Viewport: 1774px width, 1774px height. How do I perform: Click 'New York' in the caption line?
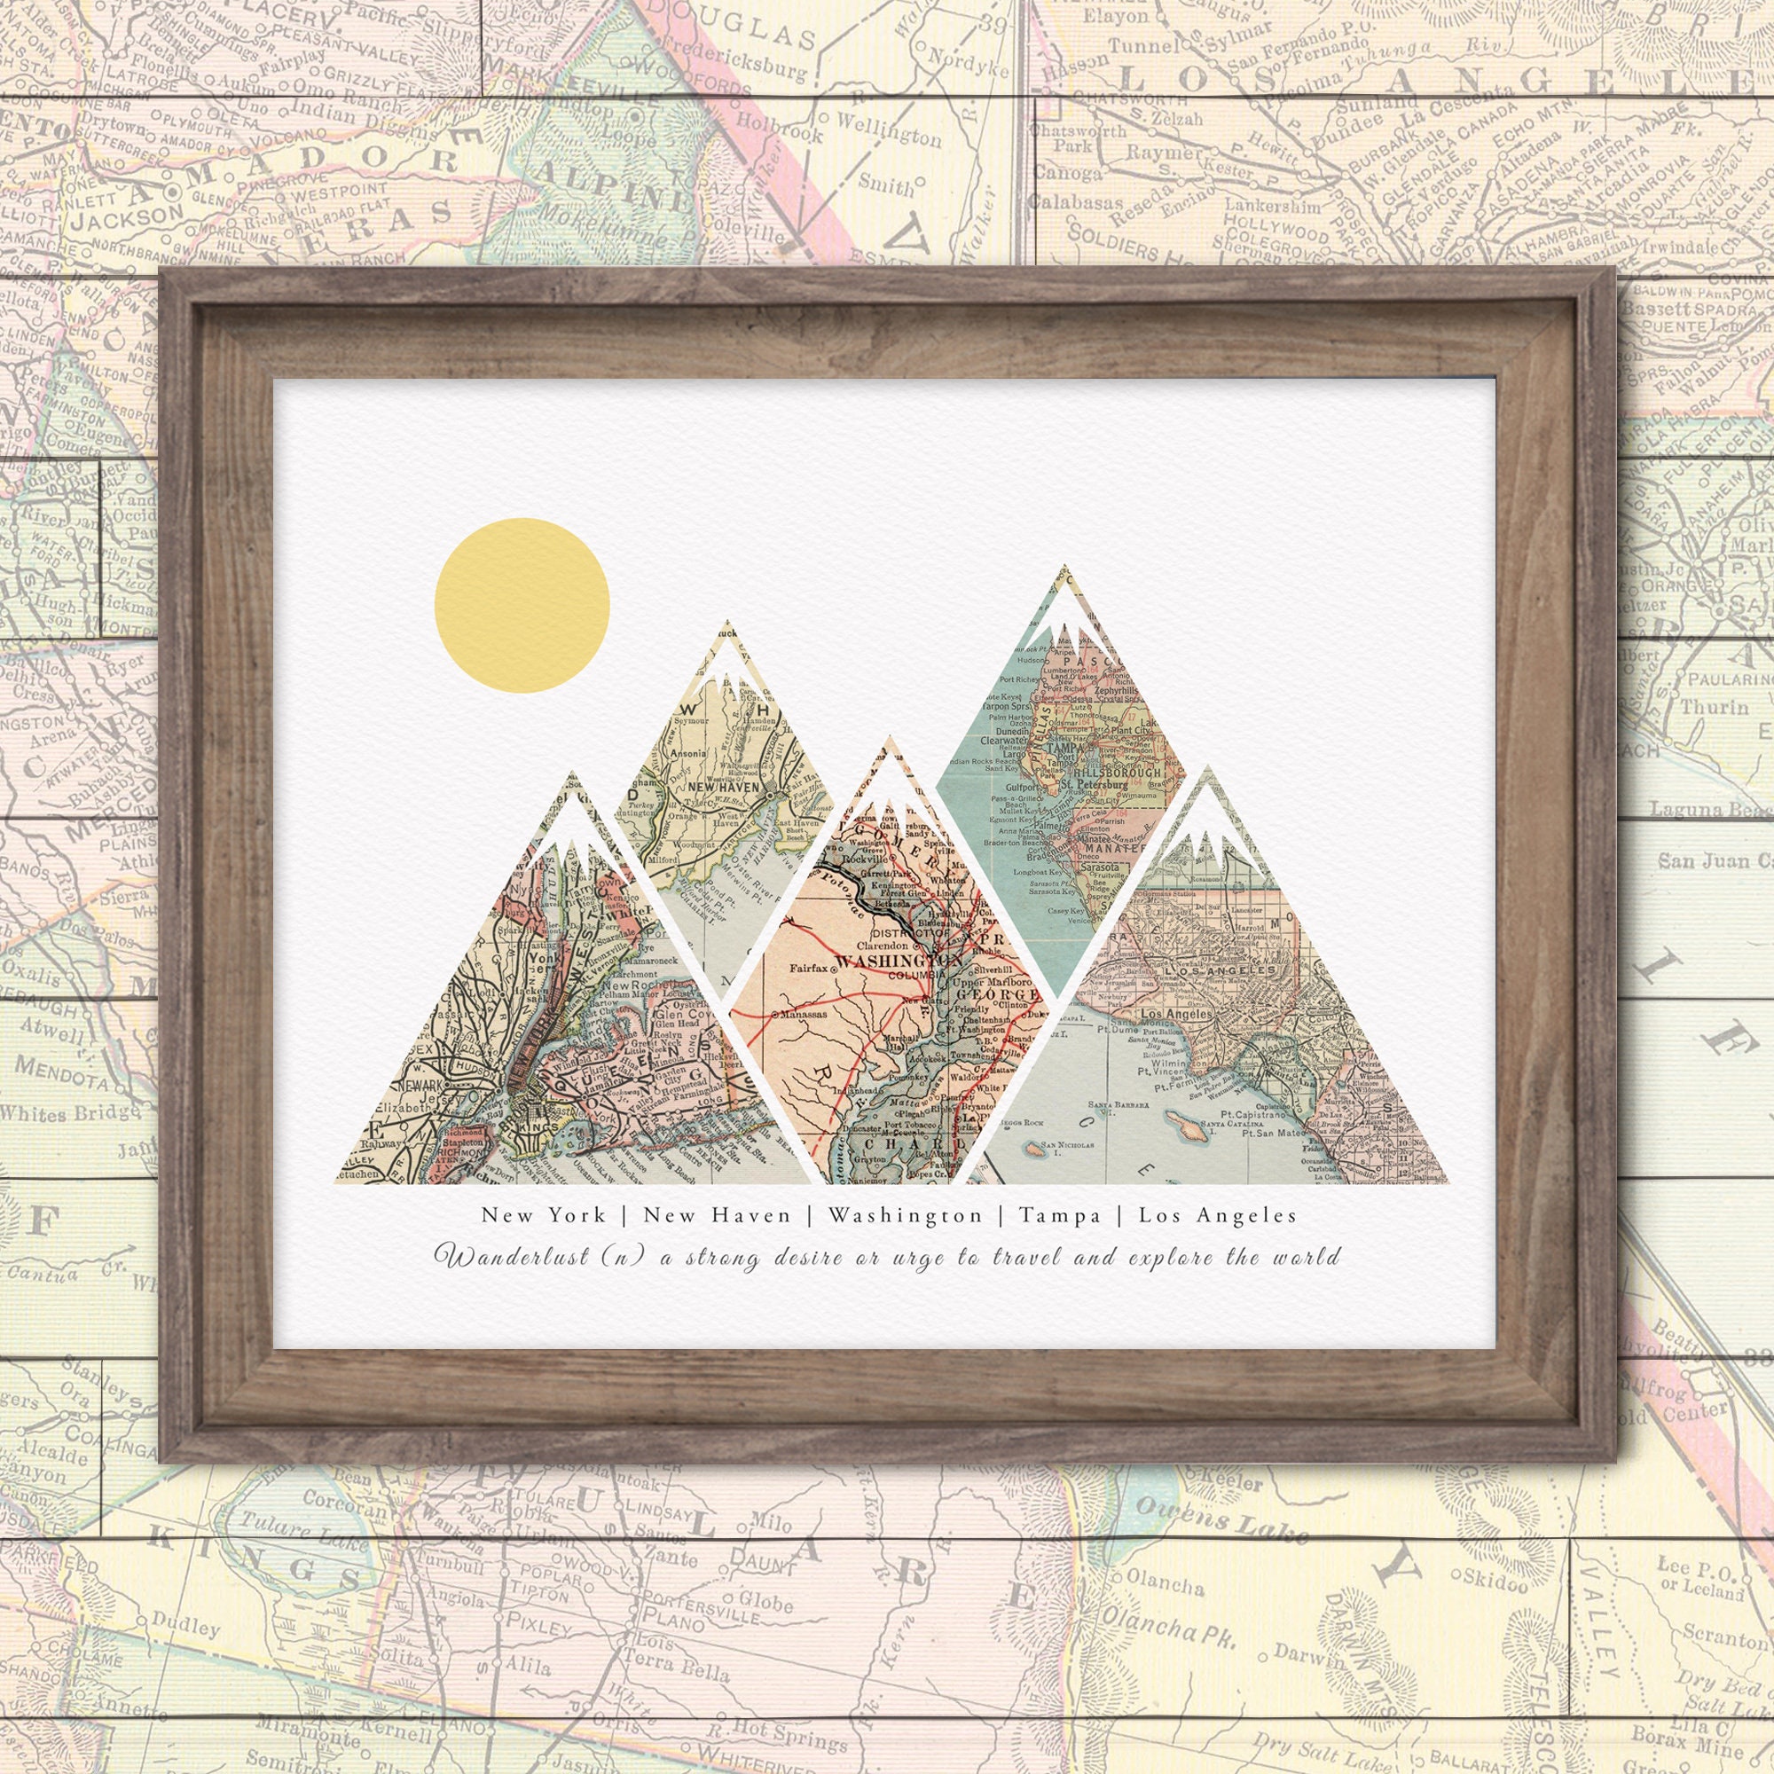point(544,1216)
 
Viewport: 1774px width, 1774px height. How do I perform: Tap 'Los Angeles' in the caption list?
point(1218,1216)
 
